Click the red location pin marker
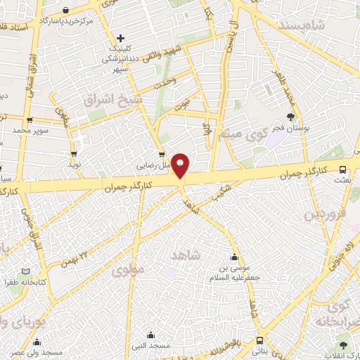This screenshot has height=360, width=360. tap(181, 165)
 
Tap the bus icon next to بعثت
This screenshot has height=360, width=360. tap(342, 169)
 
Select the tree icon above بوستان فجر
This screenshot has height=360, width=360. tap(291, 116)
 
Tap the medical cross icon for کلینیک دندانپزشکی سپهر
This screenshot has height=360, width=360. tap(121, 38)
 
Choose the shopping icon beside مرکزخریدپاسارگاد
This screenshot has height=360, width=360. tap(65, 11)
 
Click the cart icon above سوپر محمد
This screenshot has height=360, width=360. tap(29, 120)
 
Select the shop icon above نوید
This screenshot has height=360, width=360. tap(74, 153)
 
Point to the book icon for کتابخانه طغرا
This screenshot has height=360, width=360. tap(26, 271)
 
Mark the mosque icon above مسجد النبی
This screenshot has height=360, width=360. tap(150, 335)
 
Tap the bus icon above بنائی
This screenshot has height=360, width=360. tap(260, 340)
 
